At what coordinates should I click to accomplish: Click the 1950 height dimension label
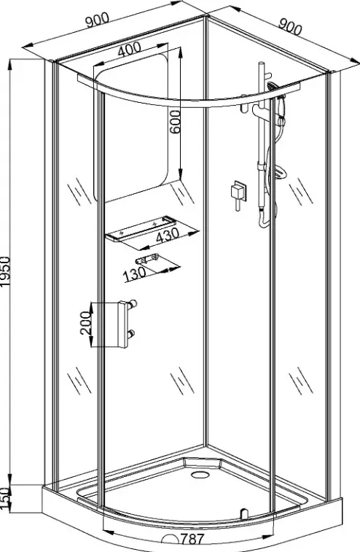(7, 271)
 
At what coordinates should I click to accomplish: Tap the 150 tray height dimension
(5, 498)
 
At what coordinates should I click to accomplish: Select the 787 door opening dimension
(192, 540)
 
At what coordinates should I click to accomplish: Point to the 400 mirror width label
(129, 49)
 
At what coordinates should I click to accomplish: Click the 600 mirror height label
(175, 122)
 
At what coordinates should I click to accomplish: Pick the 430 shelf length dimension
(168, 235)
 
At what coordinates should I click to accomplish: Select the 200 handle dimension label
(85, 323)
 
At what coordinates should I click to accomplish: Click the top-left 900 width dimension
(98, 20)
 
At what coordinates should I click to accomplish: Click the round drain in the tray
(200, 474)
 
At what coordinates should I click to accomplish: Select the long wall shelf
(141, 229)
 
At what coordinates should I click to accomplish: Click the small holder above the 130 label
(146, 259)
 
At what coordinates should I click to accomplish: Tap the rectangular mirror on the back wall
(131, 128)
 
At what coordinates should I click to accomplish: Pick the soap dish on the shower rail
(278, 173)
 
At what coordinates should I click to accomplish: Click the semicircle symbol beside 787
(171, 540)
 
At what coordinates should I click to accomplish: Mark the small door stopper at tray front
(243, 513)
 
